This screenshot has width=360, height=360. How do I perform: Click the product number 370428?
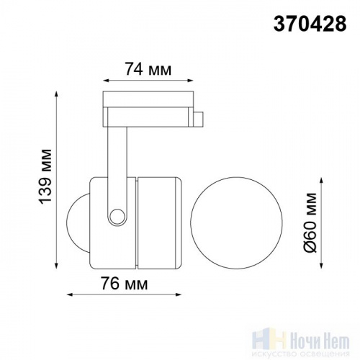pos(310,24)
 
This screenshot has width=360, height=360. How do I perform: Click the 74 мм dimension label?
pos(148,69)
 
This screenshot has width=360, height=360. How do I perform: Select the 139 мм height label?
pos(45,176)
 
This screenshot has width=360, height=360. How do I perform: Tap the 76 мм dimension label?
pos(124,284)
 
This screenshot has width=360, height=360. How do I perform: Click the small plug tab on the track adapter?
pos(199,118)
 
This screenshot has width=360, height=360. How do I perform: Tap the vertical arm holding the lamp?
pos(117,168)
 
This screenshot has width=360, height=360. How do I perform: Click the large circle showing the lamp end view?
pos(236,222)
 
